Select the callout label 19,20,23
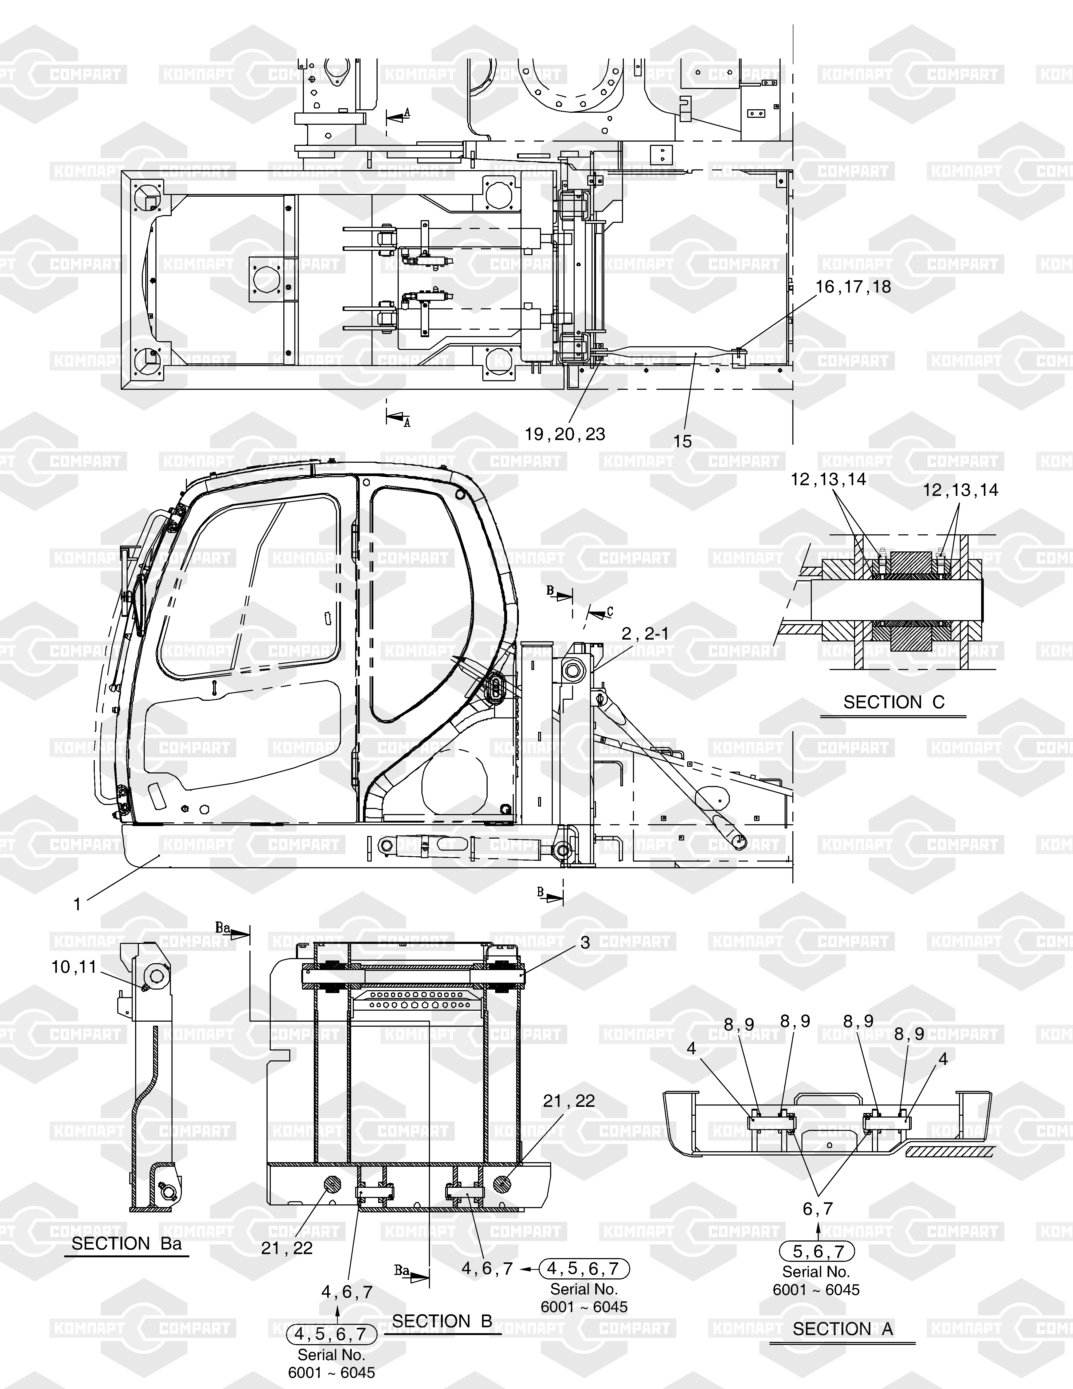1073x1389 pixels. [565, 434]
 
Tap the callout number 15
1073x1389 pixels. [682, 441]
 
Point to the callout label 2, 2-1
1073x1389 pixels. [645, 633]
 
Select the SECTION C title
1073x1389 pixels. [894, 702]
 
